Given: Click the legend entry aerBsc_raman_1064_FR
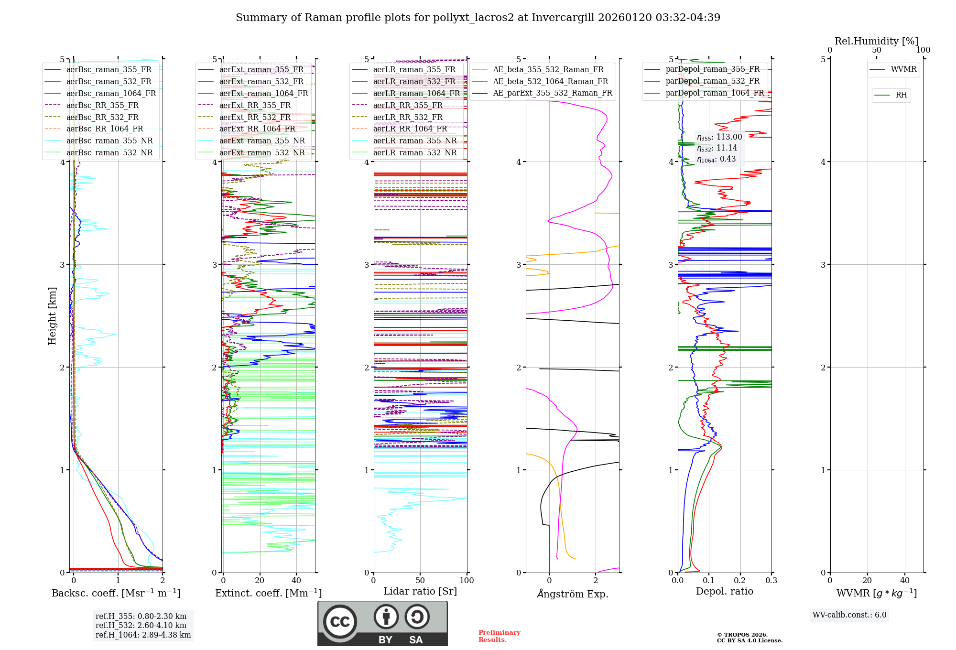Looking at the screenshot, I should click(x=111, y=94).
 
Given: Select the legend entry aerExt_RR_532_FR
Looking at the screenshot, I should click(x=255, y=117).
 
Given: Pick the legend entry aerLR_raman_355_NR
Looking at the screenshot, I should click(x=415, y=141).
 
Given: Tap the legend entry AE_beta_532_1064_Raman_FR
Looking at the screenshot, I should click(x=550, y=81).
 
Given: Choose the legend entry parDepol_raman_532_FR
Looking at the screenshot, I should click(x=712, y=81).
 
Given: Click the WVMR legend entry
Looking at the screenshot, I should click(x=903, y=69).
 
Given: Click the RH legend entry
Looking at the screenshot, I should click(x=901, y=95).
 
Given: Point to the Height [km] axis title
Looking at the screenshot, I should click(x=52, y=316).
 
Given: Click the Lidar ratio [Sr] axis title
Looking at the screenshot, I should click(x=420, y=591).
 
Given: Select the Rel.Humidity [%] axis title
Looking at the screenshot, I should click(x=876, y=41).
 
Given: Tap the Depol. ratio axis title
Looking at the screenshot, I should click(x=724, y=591).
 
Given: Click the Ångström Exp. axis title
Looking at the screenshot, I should click(x=572, y=594).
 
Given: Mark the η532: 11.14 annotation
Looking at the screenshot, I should click(x=717, y=148).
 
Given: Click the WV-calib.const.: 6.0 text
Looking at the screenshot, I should click(x=849, y=615).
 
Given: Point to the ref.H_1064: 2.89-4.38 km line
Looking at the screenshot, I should click(x=143, y=635).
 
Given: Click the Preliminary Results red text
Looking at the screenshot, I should click(x=499, y=636).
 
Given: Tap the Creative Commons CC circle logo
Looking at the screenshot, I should click(x=340, y=622).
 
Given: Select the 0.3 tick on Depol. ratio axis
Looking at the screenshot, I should click(x=771, y=581).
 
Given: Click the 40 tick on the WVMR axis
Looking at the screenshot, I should click(x=905, y=581).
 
